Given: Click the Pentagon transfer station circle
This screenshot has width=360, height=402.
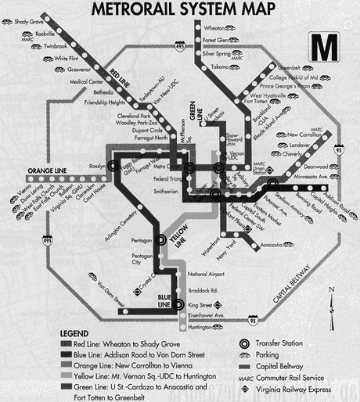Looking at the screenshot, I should pos(161,241).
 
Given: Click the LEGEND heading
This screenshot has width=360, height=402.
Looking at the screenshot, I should pos(81,333).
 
